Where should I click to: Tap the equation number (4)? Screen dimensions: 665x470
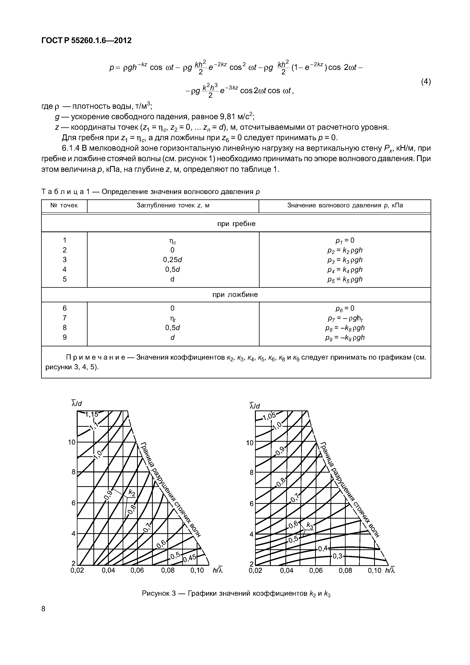click(x=426, y=82)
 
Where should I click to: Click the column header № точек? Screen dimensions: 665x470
click(x=64, y=205)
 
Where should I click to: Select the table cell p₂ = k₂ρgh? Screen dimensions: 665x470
click(x=345, y=250)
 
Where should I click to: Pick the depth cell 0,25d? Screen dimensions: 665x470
click(x=173, y=260)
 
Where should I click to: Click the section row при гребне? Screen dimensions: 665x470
click(x=236, y=224)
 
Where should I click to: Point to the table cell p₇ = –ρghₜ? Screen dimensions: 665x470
click(x=345, y=318)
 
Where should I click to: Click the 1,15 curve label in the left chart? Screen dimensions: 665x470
click(x=92, y=415)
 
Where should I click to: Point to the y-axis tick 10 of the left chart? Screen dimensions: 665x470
click(x=71, y=442)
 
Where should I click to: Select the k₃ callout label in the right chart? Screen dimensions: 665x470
click(x=310, y=525)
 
